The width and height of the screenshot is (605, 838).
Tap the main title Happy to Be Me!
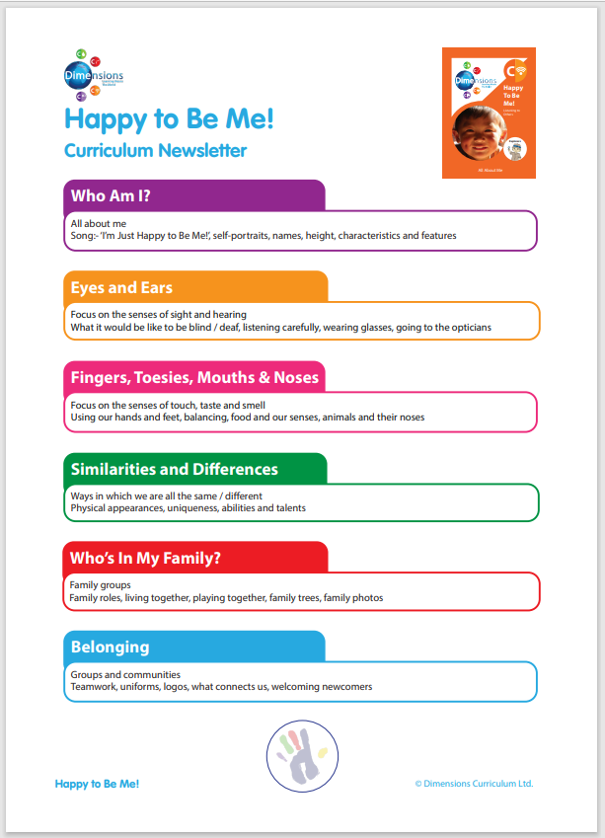click(x=169, y=118)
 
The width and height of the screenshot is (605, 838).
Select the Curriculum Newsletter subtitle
click(x=155, y=151)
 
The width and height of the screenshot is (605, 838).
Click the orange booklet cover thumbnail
click(x=489, y=113)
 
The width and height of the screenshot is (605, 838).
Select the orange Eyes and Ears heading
click(x=120, y=287)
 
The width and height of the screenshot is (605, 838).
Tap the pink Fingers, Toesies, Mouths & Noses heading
click(x=194, y=378)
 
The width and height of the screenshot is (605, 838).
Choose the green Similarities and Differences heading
click(x=174, y=469)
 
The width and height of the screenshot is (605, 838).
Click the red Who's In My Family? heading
click(x=145, y=559)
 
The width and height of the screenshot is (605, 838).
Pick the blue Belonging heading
click(x=110, y=648)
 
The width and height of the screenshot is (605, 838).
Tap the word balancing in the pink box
click(x=228, y=418)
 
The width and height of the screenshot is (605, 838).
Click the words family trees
click(x=293, y=598)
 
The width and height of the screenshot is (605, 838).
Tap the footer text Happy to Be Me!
click(x=97, y=784)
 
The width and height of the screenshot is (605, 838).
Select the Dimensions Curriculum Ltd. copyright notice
click(x=474, y=784)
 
